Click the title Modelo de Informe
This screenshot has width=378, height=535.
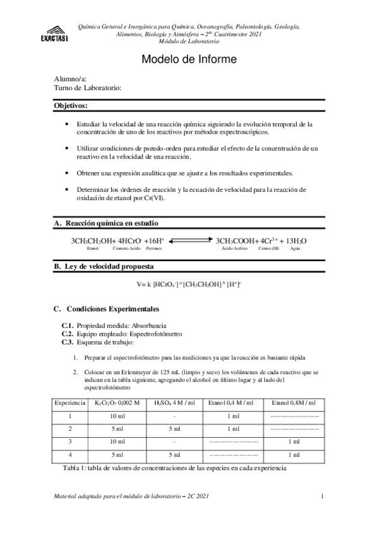click(189, 60)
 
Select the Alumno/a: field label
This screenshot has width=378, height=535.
click(69, 79)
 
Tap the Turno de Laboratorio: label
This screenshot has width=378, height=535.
click(88, 88)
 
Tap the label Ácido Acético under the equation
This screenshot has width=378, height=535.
click(233, 249)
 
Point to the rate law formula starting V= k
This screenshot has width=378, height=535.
click(189, 285)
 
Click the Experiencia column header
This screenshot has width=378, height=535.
click(70, 403)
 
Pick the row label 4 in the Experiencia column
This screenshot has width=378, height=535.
click(70, 454)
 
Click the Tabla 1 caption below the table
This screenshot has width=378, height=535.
click(175, 469)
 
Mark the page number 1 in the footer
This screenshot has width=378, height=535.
click(322, 498)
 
